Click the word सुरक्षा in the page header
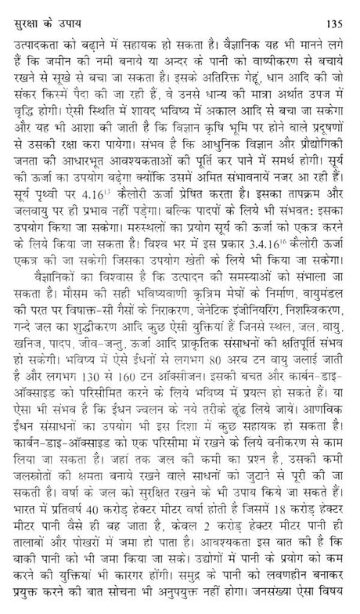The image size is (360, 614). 24,12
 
